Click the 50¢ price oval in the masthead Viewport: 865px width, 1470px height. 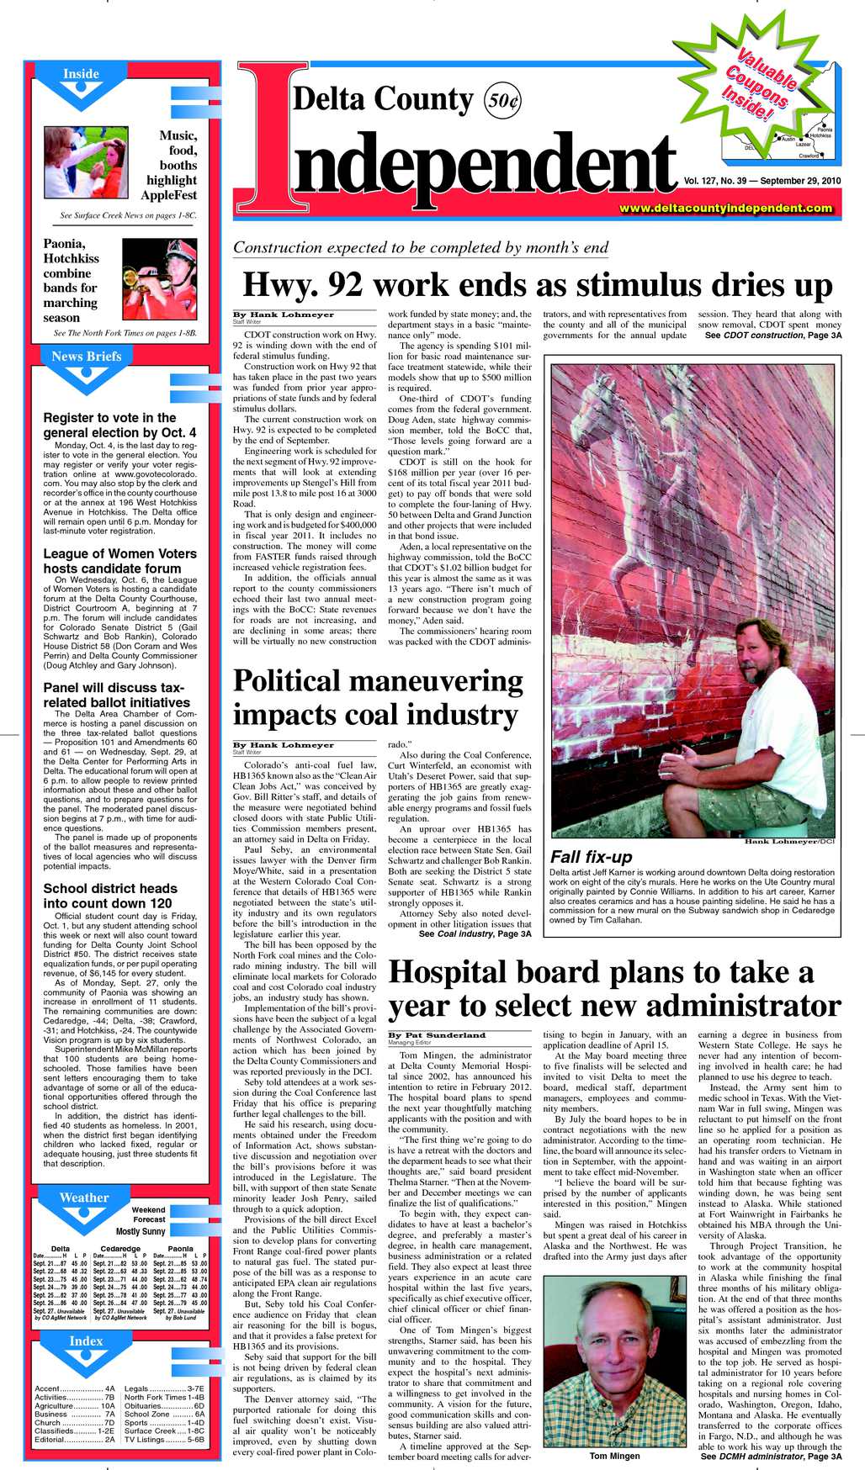coord(503,101)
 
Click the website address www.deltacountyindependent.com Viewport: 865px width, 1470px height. coord(725,208)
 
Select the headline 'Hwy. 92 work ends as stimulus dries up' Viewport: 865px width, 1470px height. coord(537,285)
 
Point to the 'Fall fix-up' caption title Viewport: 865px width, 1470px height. coord(591,857)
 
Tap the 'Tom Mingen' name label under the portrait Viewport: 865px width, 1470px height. coord(614,1456)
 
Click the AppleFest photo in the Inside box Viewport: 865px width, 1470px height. coord(86,161)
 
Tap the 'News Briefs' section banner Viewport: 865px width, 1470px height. coord(86,357)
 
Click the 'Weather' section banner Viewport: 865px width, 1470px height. coord(84,1198)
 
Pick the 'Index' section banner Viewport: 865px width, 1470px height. coord(86,1341)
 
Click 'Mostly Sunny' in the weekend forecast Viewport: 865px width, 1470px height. coord(141,1231)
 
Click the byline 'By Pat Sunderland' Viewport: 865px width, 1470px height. coord(437,1035)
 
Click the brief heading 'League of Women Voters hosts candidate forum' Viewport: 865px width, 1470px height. coord(120,561)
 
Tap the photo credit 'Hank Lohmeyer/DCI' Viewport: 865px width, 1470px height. coord(789,841)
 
